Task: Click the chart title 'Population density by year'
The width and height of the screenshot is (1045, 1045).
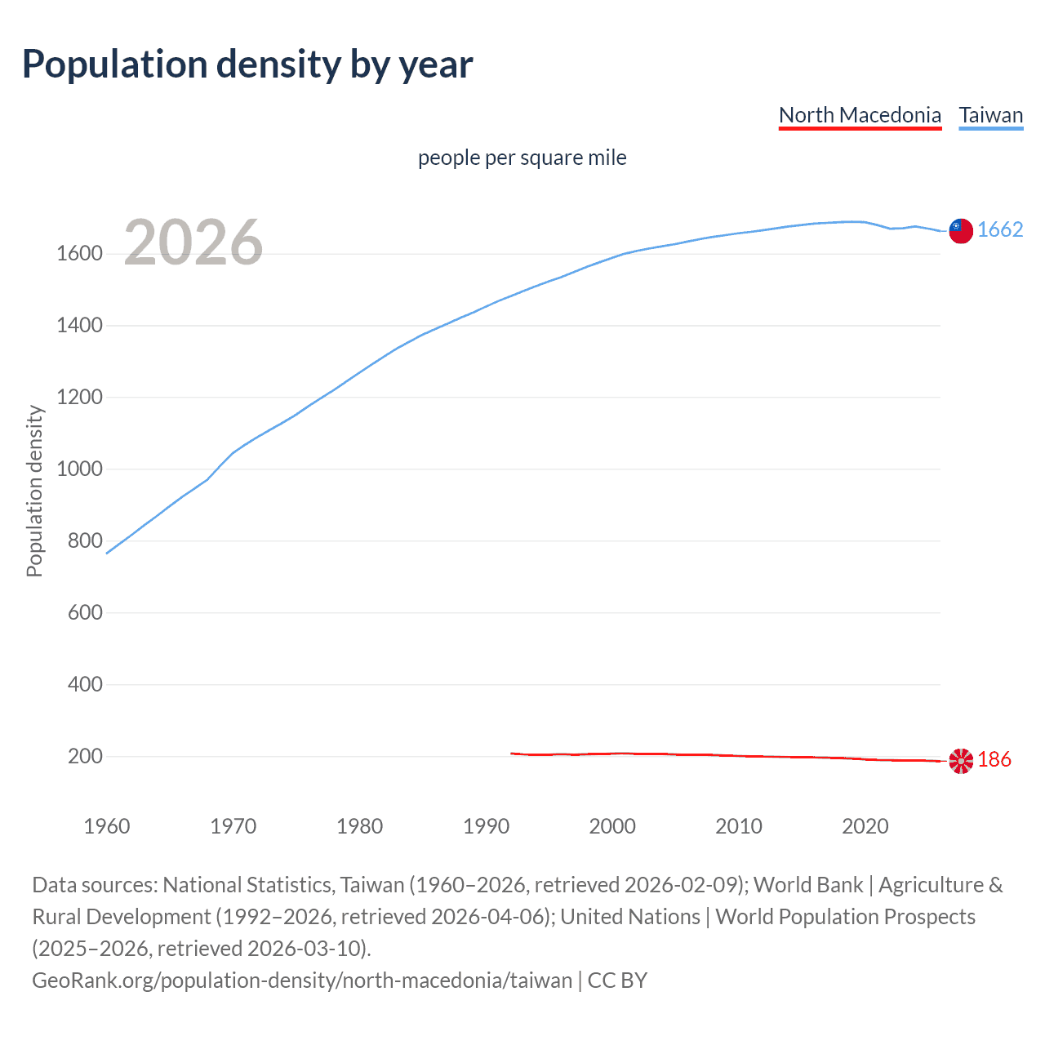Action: (x=247, y=64)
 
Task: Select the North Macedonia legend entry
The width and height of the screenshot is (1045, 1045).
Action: (x=860, y=115)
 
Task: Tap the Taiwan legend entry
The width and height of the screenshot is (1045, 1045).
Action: (x=990, y=115)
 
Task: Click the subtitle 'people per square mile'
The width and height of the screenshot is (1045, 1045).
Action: (x=522, y=158)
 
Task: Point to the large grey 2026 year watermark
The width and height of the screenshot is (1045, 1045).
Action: (x=193, y=242)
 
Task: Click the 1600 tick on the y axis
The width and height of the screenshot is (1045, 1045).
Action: (x=79, y=254)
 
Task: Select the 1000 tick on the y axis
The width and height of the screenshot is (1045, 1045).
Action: (x=79, y=469)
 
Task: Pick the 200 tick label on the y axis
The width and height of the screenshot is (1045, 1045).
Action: (x=85, y=757)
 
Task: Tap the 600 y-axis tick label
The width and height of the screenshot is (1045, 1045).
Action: (x=85, y=613)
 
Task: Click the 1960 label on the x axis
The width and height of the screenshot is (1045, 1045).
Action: (x=107, y=826)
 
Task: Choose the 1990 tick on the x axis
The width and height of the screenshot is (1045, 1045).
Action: (x=486, y=826)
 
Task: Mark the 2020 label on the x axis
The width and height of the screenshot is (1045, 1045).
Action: (x=865, y=826)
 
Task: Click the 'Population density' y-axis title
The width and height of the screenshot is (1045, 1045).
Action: (x=34, y=491)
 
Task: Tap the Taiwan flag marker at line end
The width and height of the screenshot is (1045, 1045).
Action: (x=961, y=231)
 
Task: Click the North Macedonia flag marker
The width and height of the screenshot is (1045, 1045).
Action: (x=961, y=761)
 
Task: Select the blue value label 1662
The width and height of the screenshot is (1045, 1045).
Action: (x=1000, y=230)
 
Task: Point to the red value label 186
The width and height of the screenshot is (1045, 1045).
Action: (x=994, y=760)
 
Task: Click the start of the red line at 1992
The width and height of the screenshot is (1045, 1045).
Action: (x=512, y=754)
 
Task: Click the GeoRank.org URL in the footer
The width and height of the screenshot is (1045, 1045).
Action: (x=302, y=981)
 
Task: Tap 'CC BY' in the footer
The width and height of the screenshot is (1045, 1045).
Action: (x=617, y=981)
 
